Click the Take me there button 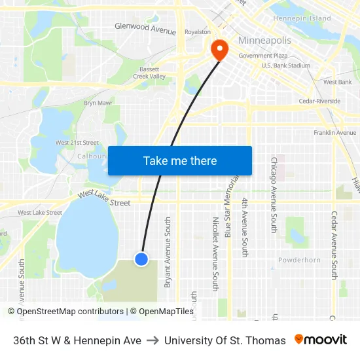point(180,161)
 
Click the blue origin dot point(141,259)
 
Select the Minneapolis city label point(264,41)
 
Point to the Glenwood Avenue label point(145,29)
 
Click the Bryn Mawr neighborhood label point(96,103)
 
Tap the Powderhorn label point(299,260)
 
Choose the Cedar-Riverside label point(319,101)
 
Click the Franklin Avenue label point(334,133)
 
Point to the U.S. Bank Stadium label point(285,65)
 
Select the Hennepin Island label point(302,18)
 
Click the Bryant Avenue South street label point(168,253)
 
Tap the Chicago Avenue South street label point(274,194)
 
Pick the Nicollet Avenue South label point(215,253)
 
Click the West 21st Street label point(77,143)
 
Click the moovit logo point(321,340)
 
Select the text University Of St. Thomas point(225,340)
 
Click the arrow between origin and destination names point(153,340)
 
